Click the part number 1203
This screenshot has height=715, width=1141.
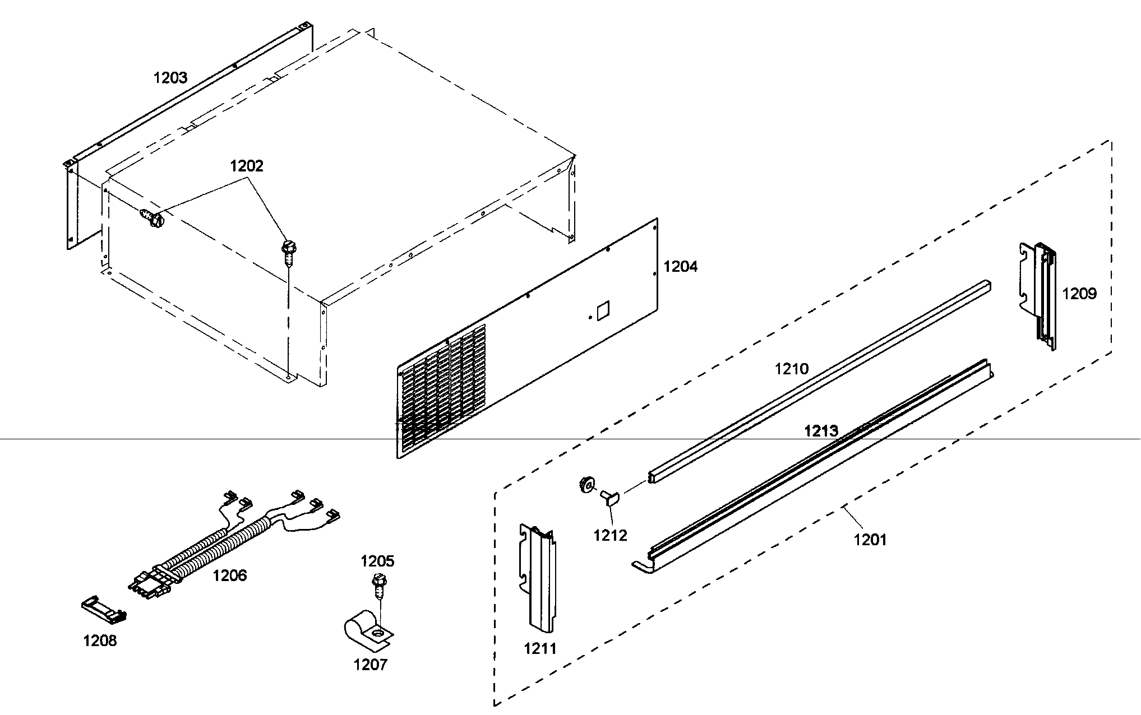pos(170,77)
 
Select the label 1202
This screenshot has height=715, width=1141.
pos(246,166)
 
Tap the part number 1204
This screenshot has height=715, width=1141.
pos(681,266)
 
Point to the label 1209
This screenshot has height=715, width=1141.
pos(1079,293)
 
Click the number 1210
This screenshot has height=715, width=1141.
pos(792,369)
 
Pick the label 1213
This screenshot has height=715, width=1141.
pos(821,431)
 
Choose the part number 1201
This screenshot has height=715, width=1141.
pos(870,540)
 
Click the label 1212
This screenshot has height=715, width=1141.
pos(611,535)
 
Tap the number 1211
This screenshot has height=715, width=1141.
pos(541,648)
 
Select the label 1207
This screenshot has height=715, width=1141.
pos(370,665)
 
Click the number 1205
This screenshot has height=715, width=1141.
pos(377,561)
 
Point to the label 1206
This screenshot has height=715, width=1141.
pos(230,575)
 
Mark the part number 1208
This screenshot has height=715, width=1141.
pos(100,640)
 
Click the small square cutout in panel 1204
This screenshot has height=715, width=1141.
pos(603,312)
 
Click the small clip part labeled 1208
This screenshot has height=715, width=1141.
pos(103,611)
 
